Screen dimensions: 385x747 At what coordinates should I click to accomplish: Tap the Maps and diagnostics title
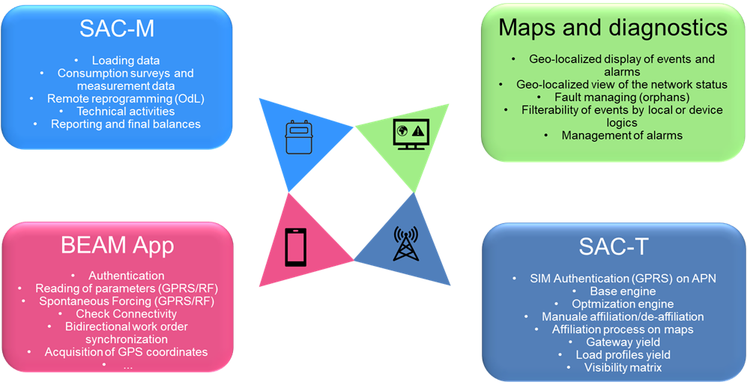pos(612,28)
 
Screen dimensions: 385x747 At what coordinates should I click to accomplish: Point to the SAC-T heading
pos(613,246)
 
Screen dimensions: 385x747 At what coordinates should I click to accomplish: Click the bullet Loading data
pos(126,60)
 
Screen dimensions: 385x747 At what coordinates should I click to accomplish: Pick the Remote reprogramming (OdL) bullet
pos(126,98)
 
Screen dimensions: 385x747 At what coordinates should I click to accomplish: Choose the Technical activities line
pos(126,111)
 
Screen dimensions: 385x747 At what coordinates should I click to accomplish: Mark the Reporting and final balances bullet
pos(126,124)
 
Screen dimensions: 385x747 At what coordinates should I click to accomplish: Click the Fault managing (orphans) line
pos(613,97)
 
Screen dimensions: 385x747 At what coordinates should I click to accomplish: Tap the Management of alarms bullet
pos(613,136)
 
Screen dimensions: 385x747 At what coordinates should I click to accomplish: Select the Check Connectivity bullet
pos(126,314)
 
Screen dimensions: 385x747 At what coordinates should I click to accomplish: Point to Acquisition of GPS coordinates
pos(126,351)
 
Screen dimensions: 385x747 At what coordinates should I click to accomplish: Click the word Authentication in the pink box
pos(126,276)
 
